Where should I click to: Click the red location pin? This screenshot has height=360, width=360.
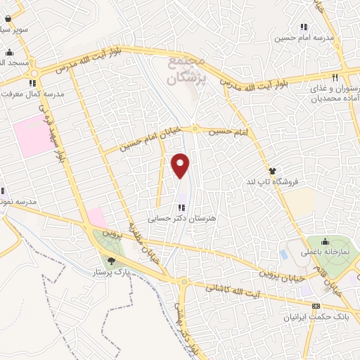(181, 165)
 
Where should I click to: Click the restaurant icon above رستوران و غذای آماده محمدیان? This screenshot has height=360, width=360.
(335, 77)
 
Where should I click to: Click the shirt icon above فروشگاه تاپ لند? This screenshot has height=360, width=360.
(272, 171)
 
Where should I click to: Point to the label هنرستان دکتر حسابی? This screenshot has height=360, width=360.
(182, 218)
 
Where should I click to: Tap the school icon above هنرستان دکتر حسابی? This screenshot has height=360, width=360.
(182, 207)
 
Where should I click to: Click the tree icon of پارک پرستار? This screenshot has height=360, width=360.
(111, 262)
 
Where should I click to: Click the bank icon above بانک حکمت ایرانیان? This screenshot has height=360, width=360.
(316, 307)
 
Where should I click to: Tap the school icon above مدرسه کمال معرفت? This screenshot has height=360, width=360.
(32, 83)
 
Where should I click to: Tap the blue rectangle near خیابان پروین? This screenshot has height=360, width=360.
(283, 254)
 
